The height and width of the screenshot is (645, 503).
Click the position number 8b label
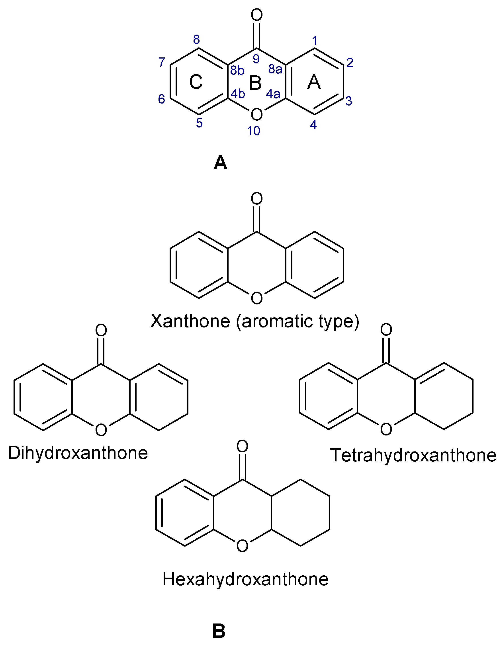(x=237, y=70)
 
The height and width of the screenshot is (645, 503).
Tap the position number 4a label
(x=273, y=94)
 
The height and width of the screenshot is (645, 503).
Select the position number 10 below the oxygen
(x=254, y=131)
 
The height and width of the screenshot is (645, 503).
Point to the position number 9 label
(x=256, y=59)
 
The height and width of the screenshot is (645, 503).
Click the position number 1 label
(x=315, y=40)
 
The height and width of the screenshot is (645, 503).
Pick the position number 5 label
(x=199, y=123)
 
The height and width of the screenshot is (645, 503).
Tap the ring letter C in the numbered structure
(x=196, y=82)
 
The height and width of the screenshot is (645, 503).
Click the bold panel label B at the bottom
(x=219, y=631)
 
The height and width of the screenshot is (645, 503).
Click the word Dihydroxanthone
(x=78, y=453)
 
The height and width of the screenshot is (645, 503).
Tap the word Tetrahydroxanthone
(x=413, y=455)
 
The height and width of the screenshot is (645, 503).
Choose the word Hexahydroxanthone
(x=245, y=579)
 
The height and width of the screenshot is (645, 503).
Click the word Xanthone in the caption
(x=190, y=321)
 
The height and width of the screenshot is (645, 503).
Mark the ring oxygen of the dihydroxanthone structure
(x=101, y=430)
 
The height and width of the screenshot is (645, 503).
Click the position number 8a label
(x=275, y=69)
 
